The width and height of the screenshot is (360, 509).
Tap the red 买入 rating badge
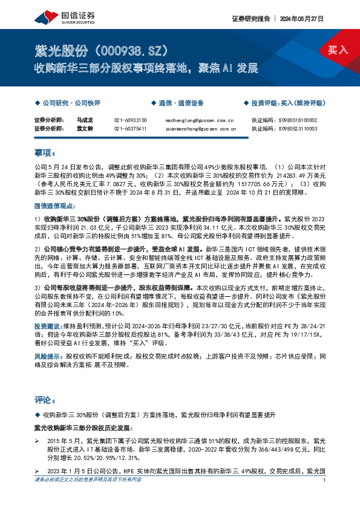coord(338,49)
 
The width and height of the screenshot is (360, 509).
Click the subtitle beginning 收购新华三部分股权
coord(146,68)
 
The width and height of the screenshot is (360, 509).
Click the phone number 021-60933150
coord(130,120)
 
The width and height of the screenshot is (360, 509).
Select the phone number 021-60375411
coord(130,129)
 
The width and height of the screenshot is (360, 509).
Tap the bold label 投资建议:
coord(47,325)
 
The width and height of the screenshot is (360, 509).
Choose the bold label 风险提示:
coord(47,357)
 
